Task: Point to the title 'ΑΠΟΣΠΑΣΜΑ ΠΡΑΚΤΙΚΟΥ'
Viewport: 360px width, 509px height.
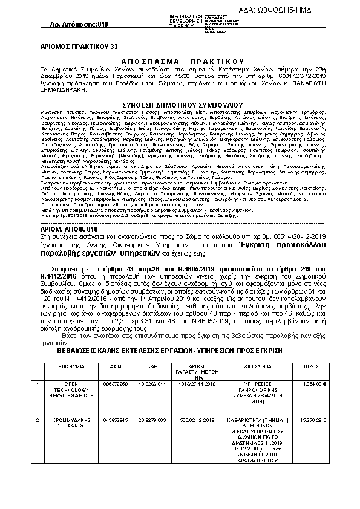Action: [182, 61]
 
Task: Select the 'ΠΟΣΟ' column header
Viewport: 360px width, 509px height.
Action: [311, 366]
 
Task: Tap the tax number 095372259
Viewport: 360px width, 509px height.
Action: [114, 383]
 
